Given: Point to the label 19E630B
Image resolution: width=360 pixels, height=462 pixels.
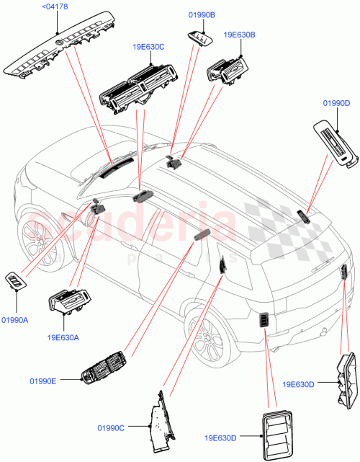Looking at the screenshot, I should point(239,34).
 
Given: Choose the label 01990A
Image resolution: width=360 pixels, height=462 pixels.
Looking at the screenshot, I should point(14,320).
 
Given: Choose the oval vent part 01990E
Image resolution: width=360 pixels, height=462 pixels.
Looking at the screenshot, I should point(104,369).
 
